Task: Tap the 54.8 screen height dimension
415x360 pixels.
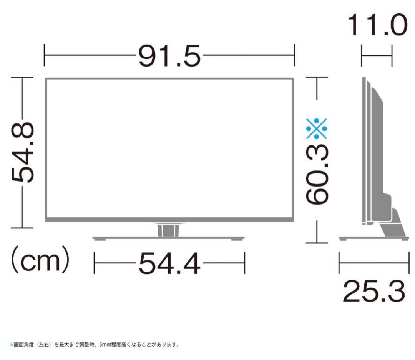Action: click(22, 152)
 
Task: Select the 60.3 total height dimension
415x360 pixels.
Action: click(317, 175)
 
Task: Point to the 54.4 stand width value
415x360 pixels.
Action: click(169, 264)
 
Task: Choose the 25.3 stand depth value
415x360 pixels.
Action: click(373, 291)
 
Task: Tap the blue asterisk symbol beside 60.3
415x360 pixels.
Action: click(317, 128)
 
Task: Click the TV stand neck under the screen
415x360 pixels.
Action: click(168, 230)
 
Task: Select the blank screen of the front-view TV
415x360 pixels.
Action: click(169, 149)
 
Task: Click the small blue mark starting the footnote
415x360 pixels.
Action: click(11, 345)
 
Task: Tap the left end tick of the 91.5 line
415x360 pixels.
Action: click(45, 55)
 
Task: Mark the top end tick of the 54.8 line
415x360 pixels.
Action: click(22, 77)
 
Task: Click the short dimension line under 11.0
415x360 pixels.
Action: click(377, 56)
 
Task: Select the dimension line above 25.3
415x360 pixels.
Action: click(373, 263)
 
